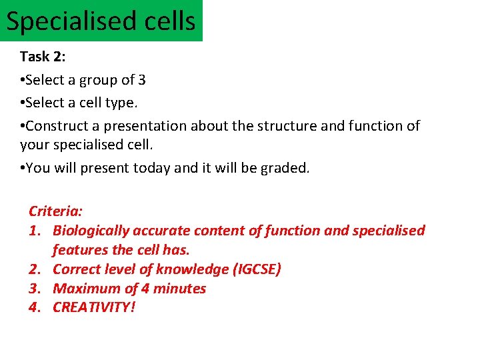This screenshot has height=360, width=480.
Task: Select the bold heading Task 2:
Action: [43, 57]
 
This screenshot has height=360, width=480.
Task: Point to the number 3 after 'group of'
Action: [141, 80]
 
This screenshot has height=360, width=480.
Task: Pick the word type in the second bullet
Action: [131, 103]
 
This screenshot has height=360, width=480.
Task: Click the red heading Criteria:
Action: [56, 211]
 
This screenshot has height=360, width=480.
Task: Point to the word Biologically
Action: [91, 231]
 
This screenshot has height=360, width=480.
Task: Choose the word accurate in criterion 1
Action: [161, 231]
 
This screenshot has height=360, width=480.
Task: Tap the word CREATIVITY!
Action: [94, 308]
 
